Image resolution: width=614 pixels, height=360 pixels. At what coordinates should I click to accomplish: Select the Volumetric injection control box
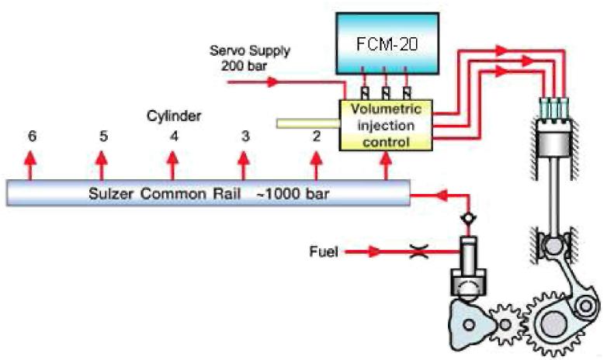386,125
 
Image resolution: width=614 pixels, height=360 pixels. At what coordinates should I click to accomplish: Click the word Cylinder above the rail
175,116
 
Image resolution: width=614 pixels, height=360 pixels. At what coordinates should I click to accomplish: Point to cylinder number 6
31,136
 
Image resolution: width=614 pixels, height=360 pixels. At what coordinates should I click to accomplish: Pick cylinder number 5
102,136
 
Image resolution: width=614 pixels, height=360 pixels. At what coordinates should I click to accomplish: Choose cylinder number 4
174,136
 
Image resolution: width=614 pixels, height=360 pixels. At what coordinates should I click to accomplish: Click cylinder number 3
245,136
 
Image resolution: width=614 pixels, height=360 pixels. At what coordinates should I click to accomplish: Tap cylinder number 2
316,136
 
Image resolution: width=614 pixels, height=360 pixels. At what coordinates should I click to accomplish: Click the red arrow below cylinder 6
30,164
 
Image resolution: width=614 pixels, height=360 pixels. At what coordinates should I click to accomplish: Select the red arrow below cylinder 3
245,164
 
